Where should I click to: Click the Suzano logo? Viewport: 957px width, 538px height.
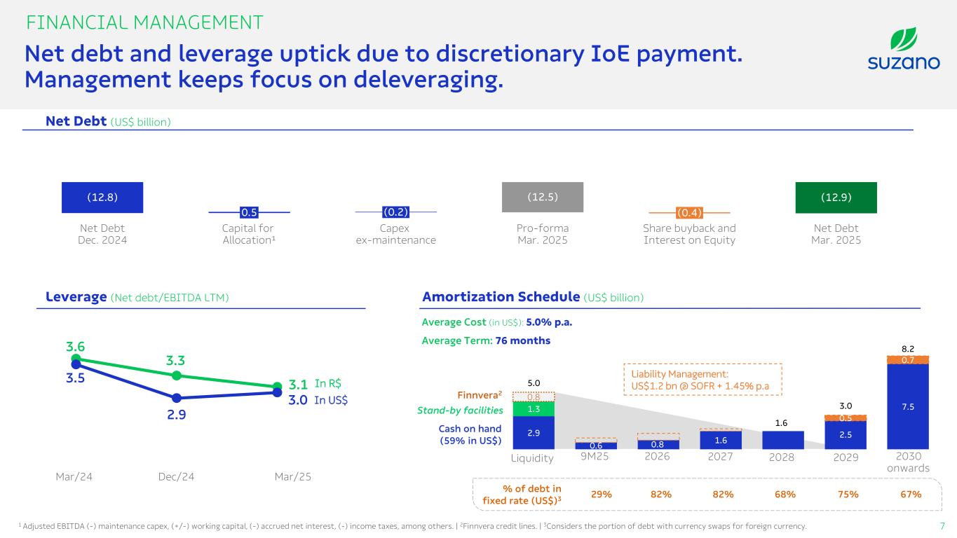(x=904, y=48)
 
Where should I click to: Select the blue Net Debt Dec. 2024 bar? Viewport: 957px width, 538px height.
(x=102, y=198)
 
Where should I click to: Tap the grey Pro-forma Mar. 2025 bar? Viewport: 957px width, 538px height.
(x=543, y=197)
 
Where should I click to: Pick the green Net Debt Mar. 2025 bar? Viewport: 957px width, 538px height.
(x=836, y=198)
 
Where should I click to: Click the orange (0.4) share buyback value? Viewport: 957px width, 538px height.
(x=689, y=212)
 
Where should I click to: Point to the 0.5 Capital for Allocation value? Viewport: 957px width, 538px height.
(x=249, y=212)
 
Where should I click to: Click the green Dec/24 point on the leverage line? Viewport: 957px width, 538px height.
(x=177, y=375)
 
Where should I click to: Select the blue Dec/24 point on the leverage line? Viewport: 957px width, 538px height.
(x=177, y=398)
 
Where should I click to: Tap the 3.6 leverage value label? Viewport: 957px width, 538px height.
(x=75, y=346)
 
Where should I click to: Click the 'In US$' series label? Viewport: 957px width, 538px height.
(x=331, y=400)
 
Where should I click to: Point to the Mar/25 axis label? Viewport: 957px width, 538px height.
(x=292, y=476)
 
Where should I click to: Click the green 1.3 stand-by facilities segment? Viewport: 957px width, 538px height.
(x=534, y=408)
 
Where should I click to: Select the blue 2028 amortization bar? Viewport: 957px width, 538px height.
(x=782, y=440)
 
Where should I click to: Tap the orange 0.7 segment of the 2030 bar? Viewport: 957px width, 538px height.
(x=908, y=360)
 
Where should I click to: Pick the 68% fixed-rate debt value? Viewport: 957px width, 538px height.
(x=785, y=494)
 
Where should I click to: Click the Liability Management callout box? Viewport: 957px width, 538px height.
(x=703, y=379)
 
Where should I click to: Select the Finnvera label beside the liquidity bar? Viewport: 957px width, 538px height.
(x=480, y=395)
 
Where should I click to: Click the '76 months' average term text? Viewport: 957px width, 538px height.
(x=522, y=340)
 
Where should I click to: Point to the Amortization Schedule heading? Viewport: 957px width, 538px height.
(x=501, y=296)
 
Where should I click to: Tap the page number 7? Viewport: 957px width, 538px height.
(x=942, y=526)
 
